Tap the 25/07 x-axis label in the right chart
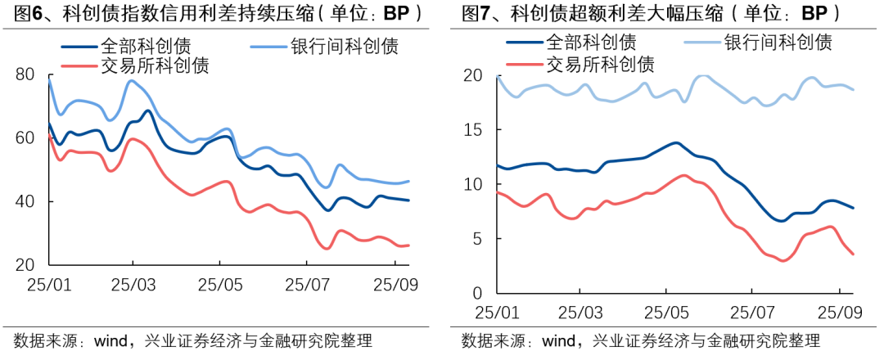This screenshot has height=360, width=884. pyautogui.click(x=752, y=312)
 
